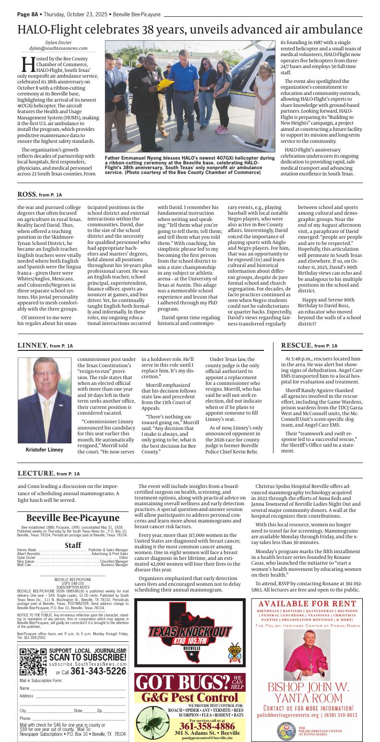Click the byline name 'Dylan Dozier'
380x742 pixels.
[x=58, y=42]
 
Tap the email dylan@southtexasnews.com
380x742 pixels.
[x=58, y=48]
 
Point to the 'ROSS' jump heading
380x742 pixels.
[x=26, y=194]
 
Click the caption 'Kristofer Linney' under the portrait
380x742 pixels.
[x=44, y=450]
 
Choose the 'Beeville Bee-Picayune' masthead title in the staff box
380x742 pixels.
[x=72, y=518]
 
